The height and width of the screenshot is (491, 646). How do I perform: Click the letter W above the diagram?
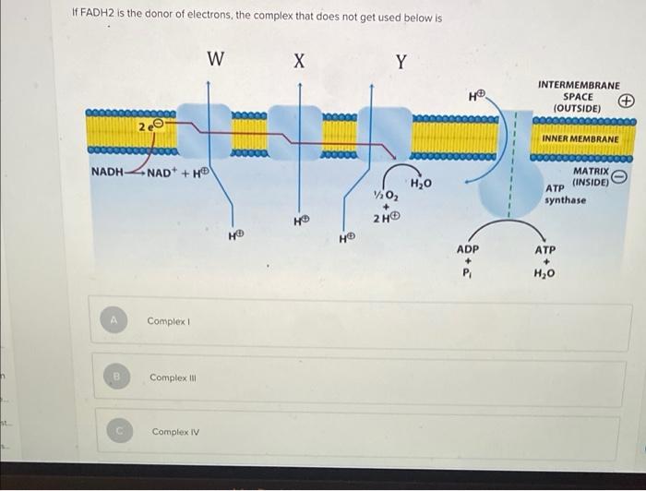[x=215, y=58]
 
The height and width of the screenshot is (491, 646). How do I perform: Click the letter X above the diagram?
[x=300, y=61]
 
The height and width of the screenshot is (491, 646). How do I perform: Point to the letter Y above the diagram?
[x=401, y=62]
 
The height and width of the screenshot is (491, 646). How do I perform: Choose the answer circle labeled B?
[x=117, y=377]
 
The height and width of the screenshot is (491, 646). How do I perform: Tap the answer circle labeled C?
[x=119, y=430]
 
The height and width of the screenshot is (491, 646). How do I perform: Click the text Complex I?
[x=168, y=321]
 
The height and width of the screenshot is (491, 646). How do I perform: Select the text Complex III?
[x=173, y=377]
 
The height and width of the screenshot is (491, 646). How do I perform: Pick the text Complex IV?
[x=175, y=432]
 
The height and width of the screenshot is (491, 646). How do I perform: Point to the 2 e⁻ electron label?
[x=151, y=126]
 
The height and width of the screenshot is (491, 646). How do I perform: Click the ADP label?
[x=468, y=249]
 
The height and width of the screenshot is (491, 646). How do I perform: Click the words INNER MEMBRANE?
[x=580, y=138]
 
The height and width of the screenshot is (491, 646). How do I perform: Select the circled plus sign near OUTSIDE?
[x=627, y=101]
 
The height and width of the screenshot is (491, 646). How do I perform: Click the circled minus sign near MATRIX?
[x=619, y=176]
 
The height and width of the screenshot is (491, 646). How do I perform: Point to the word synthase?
[x=565, y=200]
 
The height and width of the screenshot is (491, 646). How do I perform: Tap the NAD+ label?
[x=159, y=173]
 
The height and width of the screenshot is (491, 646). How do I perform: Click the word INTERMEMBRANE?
[x=579, y=85]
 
